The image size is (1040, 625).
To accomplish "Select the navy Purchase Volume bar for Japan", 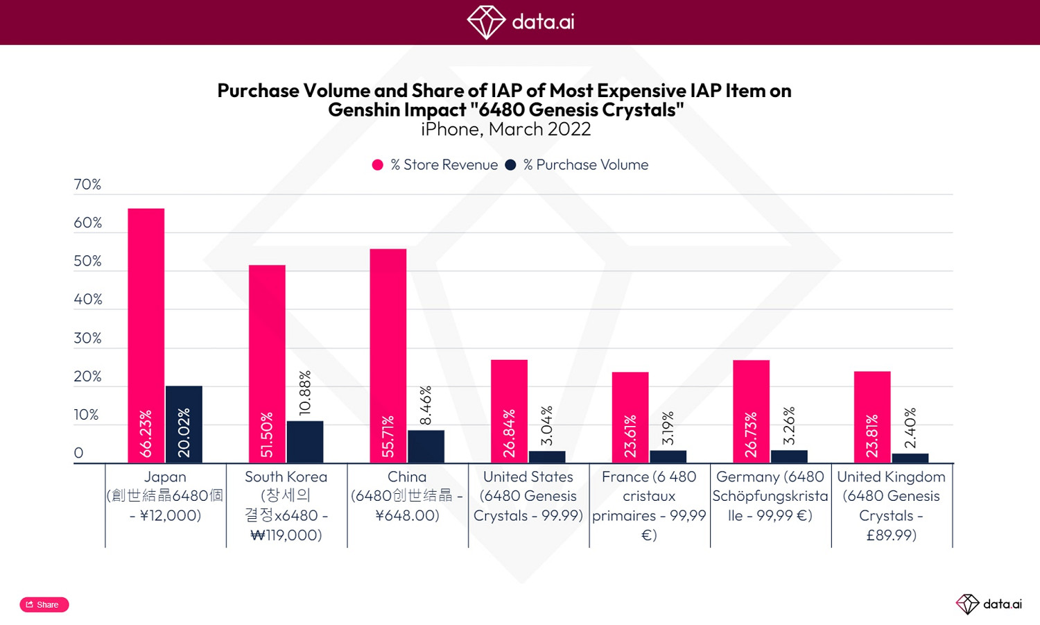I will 184,424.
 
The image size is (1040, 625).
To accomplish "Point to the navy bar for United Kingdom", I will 910,458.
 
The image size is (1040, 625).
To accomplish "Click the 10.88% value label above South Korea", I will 305,393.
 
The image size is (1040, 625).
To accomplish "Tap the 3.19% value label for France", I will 668,428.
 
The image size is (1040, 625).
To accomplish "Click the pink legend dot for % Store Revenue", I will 378,165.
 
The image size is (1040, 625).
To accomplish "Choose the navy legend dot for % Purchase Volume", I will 511,165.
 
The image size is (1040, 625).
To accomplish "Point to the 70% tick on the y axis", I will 87,185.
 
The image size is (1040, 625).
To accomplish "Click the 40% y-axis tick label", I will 87,300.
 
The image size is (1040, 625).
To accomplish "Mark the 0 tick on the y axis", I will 78,453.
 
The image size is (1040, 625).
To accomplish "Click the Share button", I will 44,604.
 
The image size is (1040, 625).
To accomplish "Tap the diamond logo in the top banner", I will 486,22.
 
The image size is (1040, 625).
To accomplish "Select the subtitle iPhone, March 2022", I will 505,130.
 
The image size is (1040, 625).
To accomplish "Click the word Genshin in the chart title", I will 365,110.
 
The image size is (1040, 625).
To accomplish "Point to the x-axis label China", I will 407,477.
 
